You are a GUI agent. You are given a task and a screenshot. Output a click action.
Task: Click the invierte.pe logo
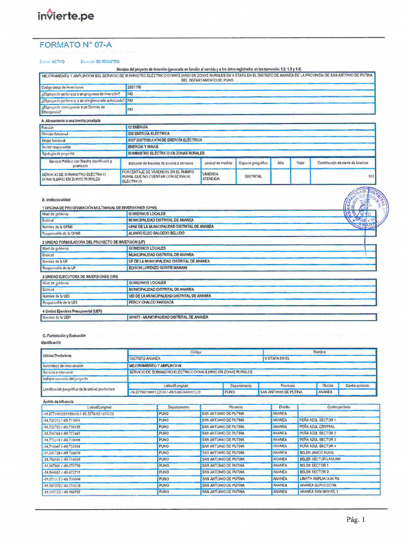[66, 16]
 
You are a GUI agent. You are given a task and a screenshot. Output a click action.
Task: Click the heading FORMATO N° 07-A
[76, 45]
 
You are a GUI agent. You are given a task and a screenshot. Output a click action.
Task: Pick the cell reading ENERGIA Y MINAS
[144, 147]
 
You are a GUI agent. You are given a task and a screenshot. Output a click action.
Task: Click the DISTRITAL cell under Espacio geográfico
[253, 176]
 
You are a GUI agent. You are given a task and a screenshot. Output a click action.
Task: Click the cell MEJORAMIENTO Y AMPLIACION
[155, 366]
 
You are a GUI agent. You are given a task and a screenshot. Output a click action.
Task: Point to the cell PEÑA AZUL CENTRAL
[317, 426]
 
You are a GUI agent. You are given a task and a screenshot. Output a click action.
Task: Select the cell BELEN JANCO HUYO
[317, 453]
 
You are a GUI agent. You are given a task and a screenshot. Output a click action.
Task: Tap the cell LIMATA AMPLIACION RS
[319, 478]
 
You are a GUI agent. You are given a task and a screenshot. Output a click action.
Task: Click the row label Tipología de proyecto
[61, 153]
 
